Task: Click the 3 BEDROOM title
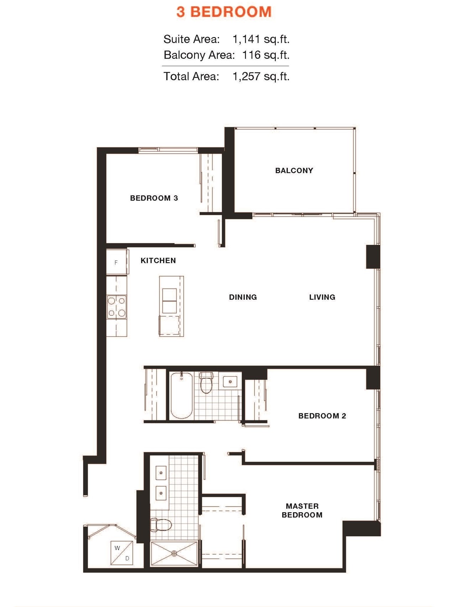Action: (224, 12)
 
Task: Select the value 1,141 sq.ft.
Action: (261, 39)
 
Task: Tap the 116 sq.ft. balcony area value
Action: (266, 55)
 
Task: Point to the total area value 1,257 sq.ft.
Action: (261, 76)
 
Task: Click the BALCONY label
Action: (294, 170)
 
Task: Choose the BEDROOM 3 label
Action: (154, 198)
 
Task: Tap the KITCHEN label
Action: (158, 260)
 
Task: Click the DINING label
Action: (243, 297)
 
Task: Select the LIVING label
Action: (322, 297)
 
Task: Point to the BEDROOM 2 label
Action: (322, 416)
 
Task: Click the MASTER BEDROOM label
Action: (302, 510)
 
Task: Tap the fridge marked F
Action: (116, 263)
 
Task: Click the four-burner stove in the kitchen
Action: (117, 307)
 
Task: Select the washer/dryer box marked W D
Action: (122, 553)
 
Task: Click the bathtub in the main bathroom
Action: (182, 395)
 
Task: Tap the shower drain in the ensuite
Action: (174, 553)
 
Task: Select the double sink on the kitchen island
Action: (169, 301)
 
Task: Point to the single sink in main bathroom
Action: (230, 382)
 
